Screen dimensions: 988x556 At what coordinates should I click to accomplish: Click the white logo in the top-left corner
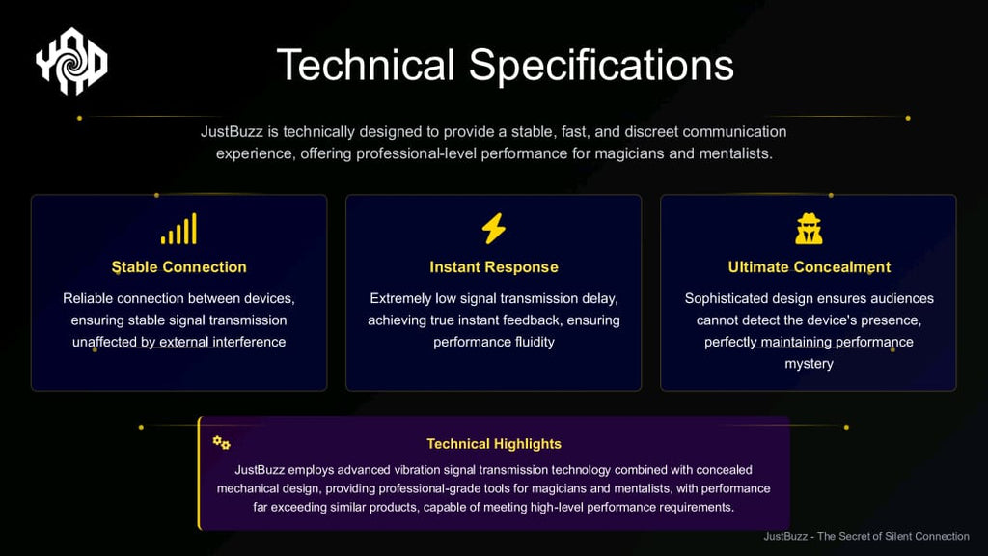pos(71,61)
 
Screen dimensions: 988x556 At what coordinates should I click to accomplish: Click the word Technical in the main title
pos(366,65)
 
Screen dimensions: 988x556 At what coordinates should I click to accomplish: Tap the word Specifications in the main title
pos(601,66)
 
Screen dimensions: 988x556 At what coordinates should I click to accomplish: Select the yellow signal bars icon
pos(178,228)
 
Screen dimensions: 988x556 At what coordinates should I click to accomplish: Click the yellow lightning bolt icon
pos(494,228)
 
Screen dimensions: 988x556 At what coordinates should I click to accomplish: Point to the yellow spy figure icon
pos(810,228)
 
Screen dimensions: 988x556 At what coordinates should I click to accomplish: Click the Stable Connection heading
pos(178,267)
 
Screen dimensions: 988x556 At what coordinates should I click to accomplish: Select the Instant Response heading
pos(494,267)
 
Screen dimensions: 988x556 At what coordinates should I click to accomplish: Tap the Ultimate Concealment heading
pos(810,267)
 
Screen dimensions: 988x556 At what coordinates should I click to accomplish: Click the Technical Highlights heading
pos(494,444)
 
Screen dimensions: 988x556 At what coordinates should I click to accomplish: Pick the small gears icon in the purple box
pos(221,442)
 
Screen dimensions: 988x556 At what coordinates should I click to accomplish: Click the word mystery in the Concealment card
pos(810,364)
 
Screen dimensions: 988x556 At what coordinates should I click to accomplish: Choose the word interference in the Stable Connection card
pos(249,342)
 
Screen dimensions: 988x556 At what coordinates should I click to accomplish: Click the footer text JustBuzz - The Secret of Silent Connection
pos(866,536)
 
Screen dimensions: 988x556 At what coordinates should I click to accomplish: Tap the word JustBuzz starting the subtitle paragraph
pos(232,131)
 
